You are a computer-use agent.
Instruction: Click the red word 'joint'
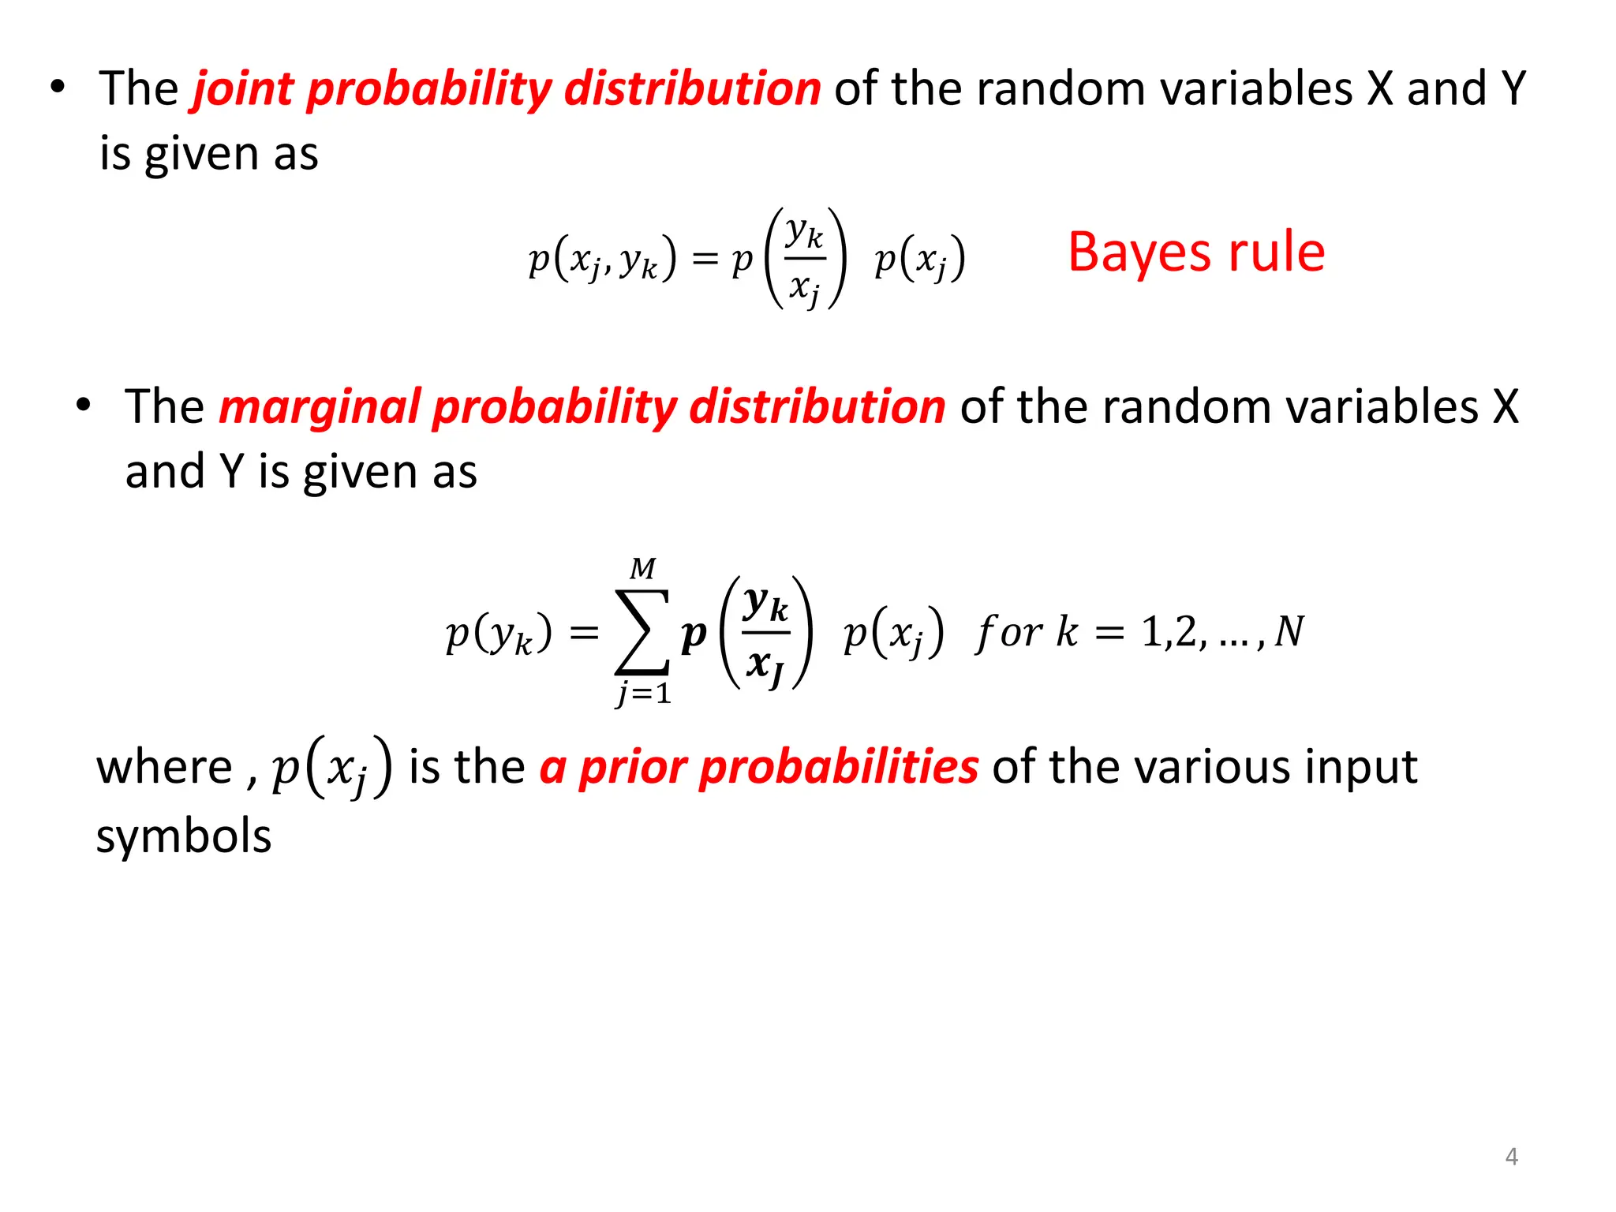[x=243, y=88]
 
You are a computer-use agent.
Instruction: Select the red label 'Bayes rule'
[x=1196, y=252]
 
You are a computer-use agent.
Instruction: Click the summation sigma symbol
[x=642, y=632]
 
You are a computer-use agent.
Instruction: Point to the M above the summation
[x=643, y=569]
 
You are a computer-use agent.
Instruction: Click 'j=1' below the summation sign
[x=644, y=694]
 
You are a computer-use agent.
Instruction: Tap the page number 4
[x=1511, y=1157]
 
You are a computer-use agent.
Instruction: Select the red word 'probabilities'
[x=839, y=766]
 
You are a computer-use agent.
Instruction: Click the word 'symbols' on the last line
[x=184, y=836]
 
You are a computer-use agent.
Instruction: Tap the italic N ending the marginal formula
[x=1289, y=631]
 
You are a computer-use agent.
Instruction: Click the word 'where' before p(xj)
[x=164, y=767]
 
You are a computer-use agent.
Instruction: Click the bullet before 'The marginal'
[x=84, y=406]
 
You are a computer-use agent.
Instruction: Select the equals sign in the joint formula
[x=705, y=259]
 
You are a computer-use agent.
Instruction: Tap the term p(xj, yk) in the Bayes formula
[x=602, y=259]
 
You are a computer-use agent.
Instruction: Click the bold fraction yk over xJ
[x=765, y=633]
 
